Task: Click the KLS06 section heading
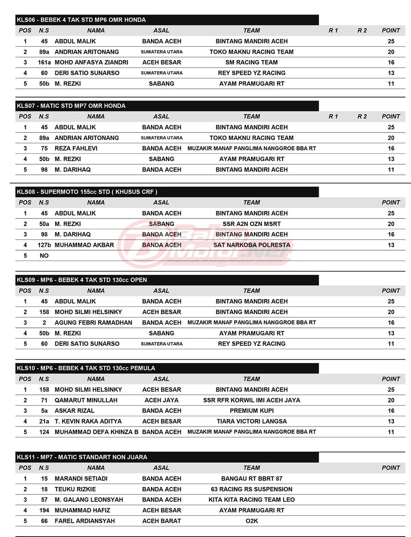click(x=81, y=20)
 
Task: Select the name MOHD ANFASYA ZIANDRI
click(x=91, y=62)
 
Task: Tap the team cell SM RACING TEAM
click(x=251, y=62)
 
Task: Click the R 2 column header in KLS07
click(x=362, y=117)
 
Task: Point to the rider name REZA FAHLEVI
click(x=76, y=148)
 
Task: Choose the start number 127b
click(x=44, y=245)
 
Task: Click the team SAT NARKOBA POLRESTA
click(x=251, y=245)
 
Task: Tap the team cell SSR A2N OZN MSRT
click(x=251, y=224)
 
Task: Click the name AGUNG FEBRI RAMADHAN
click(x=93, y=323)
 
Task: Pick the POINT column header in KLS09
click(x=391, y=291)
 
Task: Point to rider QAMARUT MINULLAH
click(x=86, y=400)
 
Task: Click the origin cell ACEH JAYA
click(x=161, y=400)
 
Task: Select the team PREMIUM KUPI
click(x=251, y=411)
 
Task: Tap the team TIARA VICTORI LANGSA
click(x=251, y=421)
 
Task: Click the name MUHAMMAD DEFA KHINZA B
click(x=96, y=432)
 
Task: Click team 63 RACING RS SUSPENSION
click(x=251, y=489)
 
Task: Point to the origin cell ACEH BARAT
click(x=161, y=521)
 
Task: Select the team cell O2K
click(x=251, y=521)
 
